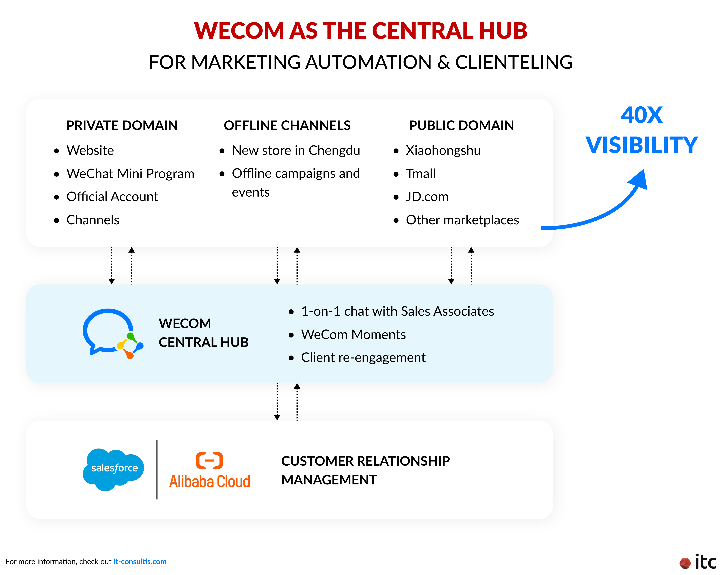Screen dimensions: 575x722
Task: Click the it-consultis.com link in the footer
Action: coord(140,562)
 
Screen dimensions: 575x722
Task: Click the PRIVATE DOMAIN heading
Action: coord(122,126)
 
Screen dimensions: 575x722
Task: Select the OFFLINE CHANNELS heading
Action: coord(287,126)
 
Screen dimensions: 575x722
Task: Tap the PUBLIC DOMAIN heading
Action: coord(461,126)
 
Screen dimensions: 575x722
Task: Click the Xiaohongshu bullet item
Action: coord(443,151)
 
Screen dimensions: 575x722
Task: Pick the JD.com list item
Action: coord(427,197)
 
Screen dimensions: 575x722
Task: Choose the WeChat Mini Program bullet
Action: coord(130,174)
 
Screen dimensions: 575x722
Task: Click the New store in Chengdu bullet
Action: coord(296,151)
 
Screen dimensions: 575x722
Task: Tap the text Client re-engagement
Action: coord(363,357)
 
